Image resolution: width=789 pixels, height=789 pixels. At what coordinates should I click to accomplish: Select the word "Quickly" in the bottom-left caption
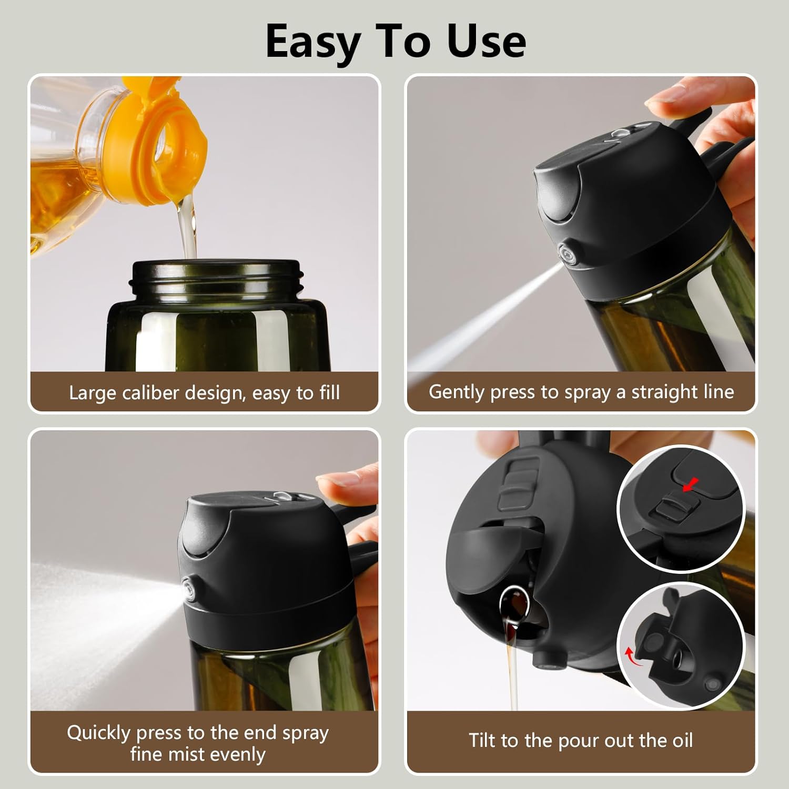point(98,733)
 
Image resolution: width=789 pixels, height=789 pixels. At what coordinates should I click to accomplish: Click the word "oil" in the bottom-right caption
point(682,741)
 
